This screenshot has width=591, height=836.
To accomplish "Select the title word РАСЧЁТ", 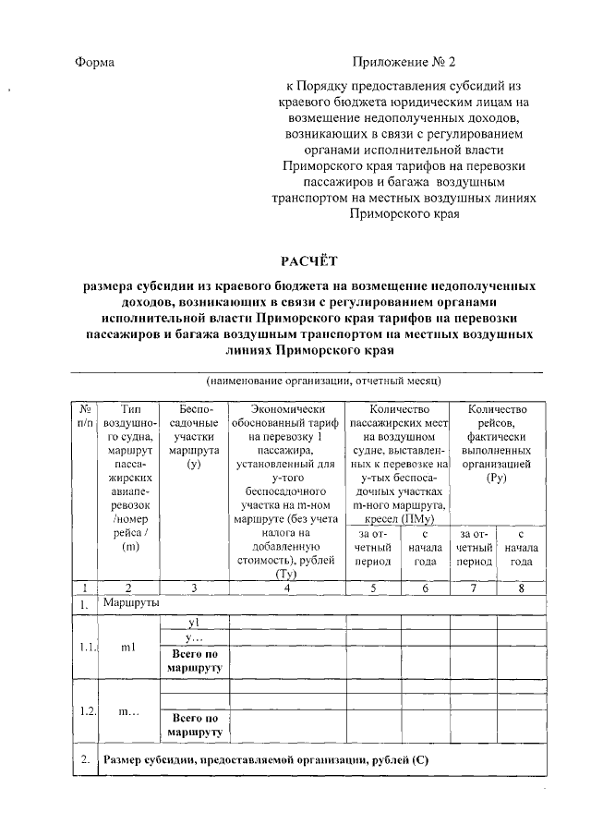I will (309, 263).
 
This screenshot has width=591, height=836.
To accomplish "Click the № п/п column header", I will (83, 416).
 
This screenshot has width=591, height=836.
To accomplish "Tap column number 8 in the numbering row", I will (522, 588).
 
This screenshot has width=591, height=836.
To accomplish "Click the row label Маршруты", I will (131, 603).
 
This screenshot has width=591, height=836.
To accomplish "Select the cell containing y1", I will (193, 623).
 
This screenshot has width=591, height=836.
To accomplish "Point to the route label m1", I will (128, 648).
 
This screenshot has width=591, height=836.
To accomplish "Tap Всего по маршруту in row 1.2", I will (193, 724).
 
